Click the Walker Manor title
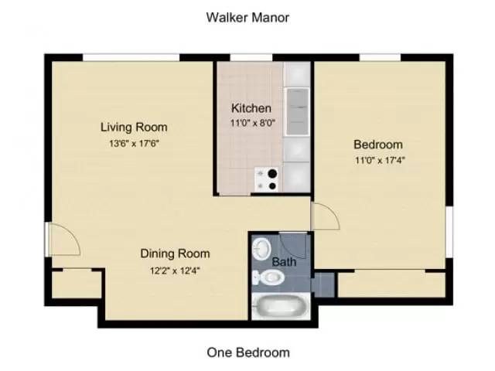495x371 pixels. click(247, 17)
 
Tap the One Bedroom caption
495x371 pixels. click(247, 352)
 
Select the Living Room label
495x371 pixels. click(134, 127)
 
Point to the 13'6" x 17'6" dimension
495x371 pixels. click(134, 143)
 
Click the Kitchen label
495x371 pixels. click(251, 108)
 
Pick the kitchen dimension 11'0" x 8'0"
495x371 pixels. click(251, 122)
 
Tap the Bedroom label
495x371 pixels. click(378, 145)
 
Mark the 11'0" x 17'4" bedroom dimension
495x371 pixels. click(378, 161)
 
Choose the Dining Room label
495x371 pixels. click(175, 253)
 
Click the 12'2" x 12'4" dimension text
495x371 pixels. click(175, 270)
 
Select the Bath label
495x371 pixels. click(285, 263)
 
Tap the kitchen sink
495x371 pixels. click(297, 110)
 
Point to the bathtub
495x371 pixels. click(282, 307)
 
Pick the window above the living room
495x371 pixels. click(131, 56)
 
